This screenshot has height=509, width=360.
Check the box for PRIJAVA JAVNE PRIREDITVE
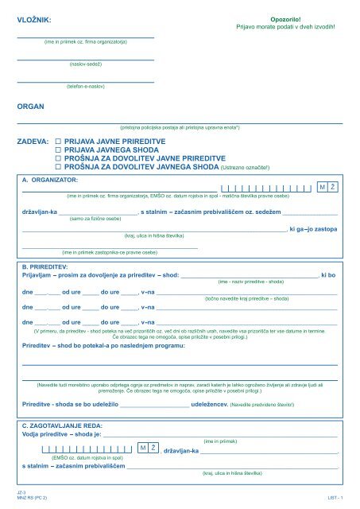[58, 139]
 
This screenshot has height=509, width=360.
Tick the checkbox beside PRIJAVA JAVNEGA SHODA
[58, 149]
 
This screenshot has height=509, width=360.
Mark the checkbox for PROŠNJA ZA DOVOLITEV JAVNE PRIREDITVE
[58, 158]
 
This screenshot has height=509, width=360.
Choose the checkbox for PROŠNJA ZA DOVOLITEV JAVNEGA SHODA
[58, 168]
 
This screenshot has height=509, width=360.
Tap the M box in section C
[142, 449]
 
